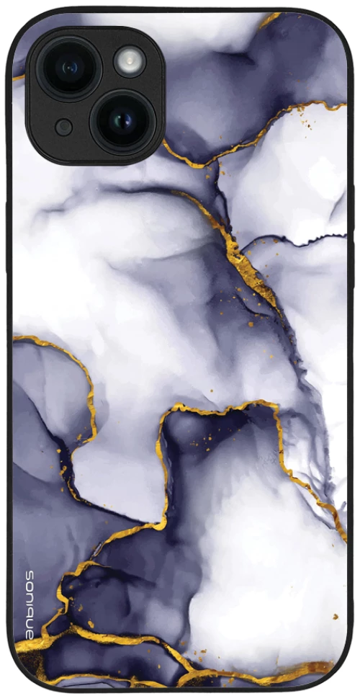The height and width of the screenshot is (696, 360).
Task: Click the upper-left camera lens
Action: click(68, 68)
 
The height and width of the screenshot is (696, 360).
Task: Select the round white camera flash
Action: click(130, 61)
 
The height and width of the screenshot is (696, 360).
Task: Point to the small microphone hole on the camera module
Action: click(64, 128)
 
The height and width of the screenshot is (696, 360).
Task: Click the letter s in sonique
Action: click(30, 574)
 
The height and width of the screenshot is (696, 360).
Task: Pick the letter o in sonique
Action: click(30, 584)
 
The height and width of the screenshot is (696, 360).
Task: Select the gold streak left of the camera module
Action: click(18, 77)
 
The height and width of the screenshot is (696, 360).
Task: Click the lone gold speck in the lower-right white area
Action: click(334, 617)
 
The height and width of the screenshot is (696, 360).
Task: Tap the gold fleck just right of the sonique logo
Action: click(89, 624)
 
